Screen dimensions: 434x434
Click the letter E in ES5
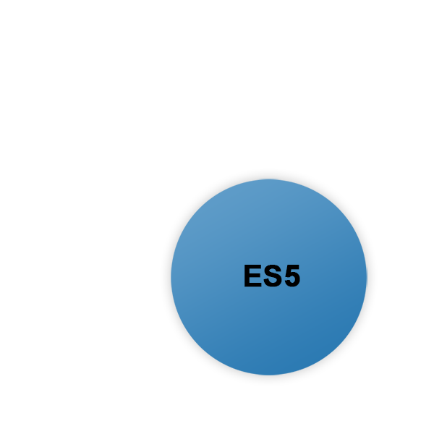[x=252, y=277]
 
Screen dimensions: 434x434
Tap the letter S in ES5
[x=271, y=277]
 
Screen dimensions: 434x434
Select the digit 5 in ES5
[x=291, y=277]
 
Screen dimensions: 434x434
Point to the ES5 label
[x=271, y=277]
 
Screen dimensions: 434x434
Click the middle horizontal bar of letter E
[x=252, y=276]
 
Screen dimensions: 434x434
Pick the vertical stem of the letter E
[x=247, y=277]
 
